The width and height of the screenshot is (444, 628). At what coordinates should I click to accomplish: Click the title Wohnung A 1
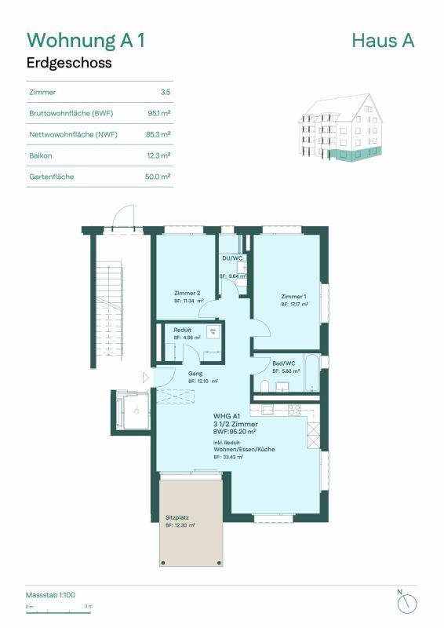(x=86, y=40)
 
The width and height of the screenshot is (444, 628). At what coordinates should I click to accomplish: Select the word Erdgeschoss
(x=70, y=63)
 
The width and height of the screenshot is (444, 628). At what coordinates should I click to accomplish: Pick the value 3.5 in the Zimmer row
(x=165, y=92)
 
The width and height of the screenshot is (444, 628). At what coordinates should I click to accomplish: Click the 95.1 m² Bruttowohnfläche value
(x=158, y=113)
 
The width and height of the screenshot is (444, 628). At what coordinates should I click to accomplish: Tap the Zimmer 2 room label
(x=186, y=294)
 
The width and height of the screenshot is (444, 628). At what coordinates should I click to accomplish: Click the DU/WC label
(x=232, y=258)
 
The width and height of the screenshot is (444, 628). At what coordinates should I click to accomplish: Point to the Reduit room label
(x=183, y=330)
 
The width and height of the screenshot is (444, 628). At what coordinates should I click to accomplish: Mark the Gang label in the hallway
(x=196, y=374)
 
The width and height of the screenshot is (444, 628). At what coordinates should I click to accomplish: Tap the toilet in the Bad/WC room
(x=264, y=385)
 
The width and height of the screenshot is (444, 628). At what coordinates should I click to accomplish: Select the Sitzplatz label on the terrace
(x=177, y=518)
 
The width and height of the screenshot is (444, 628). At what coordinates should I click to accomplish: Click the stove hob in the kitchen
(x=294, y=409)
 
